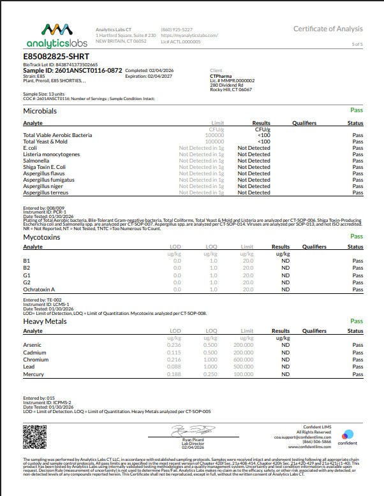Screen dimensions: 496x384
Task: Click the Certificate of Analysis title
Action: pyautogui.click(x=328, y=29)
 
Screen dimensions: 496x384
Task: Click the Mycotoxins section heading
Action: pyautogui.click(x=43, y=237)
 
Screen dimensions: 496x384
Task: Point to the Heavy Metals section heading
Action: pyautogui.click(x=45, y=321)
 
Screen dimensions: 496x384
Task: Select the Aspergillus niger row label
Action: pyautogui.click(x=44, y=186)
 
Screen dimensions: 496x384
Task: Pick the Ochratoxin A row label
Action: pyautogui.click(x=40, y=289)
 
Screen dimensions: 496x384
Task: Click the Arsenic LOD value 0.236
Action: pyautogui.click(x=174, y=345)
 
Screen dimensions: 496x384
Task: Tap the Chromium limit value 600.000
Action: pyautogui.click(x=243, y=360)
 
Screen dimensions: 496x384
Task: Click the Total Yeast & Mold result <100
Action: pyautogui.click(x=263, y=142)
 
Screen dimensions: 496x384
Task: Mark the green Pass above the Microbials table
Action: pyautogui.click(x=357, y=110)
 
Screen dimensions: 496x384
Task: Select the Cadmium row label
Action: pyautogui.click(x=35, y=353)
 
